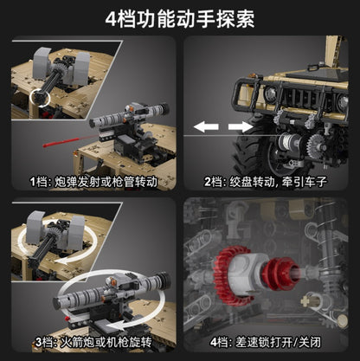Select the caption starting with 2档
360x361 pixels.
point(268,184)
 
